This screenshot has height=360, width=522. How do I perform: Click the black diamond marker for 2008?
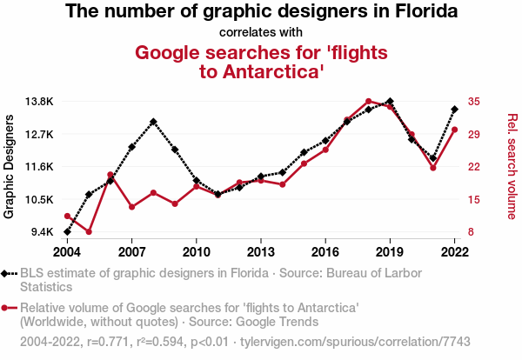tap(153, 122)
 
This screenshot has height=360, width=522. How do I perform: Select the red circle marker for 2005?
tap(89, 232)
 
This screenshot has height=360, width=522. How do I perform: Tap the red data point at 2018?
tap(368, 101)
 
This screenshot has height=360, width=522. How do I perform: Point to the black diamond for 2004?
tap(67, 232)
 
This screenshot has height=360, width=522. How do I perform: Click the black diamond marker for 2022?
tap(454, 110)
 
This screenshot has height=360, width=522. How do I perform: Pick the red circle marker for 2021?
tap(432, 167)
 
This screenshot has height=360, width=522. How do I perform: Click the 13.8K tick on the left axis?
tap(38, 101)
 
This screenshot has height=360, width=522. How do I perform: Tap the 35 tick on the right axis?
tap(474, 101)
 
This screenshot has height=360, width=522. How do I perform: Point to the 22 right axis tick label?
tap(474, 167)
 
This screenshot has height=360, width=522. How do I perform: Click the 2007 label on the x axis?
tap(131, 251)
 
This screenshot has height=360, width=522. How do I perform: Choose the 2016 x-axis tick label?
tap(325, 251)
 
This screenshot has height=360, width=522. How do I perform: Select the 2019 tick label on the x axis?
tap(390, 251)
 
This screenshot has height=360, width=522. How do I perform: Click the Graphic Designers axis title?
tap(10, 165)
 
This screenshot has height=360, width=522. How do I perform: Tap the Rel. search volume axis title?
tap(512, 165)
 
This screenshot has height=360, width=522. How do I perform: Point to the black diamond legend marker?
tap(7, 273)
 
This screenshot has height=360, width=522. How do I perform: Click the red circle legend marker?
tap(7, 308)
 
